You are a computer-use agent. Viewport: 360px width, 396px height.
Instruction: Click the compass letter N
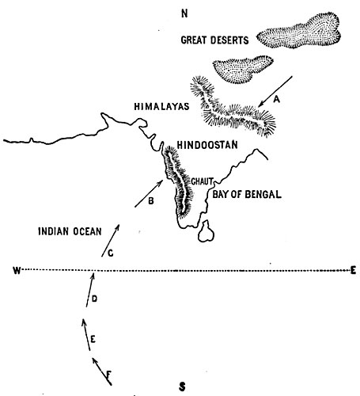point(184,13)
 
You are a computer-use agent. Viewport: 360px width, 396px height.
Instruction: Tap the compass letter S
point(182,387)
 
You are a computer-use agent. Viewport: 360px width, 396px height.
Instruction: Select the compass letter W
point(17,270)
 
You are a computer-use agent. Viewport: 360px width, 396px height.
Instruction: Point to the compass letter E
point(353,270)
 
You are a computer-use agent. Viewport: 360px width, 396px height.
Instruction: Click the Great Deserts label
point(214,40)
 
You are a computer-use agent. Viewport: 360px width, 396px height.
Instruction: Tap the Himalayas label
point(161,106)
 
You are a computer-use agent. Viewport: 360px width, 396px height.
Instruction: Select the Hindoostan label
point(207,145)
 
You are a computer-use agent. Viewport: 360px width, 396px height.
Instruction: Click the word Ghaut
point(203,181)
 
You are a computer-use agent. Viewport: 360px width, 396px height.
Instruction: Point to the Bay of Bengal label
point(247,194)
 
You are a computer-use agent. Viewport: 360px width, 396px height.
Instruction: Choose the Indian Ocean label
point(70,231)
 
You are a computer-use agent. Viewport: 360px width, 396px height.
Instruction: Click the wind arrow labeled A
point(275,92)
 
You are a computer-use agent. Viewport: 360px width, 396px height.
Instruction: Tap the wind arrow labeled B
point(149,194)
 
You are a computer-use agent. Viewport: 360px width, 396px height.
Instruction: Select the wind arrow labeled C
point(111,241)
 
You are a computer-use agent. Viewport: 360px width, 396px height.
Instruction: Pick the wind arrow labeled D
point(89,291)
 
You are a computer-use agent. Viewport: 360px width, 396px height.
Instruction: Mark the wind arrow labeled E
point(86,334)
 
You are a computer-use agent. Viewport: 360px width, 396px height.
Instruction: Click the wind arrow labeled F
point(101,371)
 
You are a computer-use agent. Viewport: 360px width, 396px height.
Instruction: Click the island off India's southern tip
point(207,231)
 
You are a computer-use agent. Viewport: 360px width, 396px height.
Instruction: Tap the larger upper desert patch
point(299,31)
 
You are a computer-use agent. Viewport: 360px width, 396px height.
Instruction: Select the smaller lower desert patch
point(243,69)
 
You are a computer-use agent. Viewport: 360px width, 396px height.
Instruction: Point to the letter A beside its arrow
point(276,100)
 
